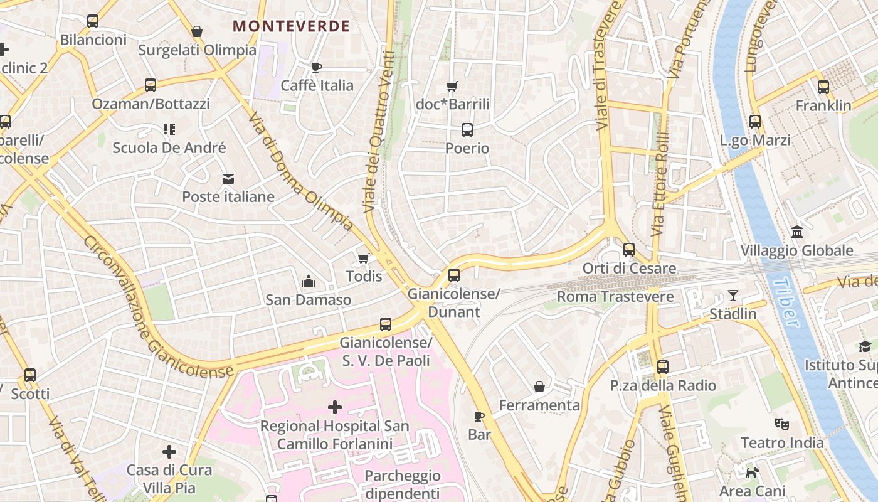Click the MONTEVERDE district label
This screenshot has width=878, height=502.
(x=291, y=26)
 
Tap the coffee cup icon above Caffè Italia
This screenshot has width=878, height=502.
(x=317, y=67)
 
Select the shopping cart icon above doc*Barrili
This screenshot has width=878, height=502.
(x=452, y=86)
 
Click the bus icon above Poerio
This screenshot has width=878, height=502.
(x=467, y=130)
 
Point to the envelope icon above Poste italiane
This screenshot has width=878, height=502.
(x=228, y=179)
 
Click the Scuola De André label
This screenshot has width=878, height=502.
(x=169, y=148)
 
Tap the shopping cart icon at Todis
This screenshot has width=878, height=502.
(x=363, y=258)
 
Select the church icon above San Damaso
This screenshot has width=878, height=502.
(x=308, y=281)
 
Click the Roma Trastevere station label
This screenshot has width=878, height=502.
(x=615, y=296)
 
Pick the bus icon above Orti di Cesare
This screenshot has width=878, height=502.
(x=629, y=250)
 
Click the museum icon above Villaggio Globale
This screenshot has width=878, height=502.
(x=797, y=232)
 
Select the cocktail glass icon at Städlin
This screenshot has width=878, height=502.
(x=733, y=295)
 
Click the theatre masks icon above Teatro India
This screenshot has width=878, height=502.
(x=781, y=424)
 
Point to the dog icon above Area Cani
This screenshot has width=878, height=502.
(x=752, y=472)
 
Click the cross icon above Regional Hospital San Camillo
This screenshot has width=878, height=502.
(x=335, y=407)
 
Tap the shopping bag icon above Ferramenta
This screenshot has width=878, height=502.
(x=539, y=387)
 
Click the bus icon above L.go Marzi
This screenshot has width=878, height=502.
(x=755, y=122)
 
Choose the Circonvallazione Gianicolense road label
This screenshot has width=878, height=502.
(x=157, y=307)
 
